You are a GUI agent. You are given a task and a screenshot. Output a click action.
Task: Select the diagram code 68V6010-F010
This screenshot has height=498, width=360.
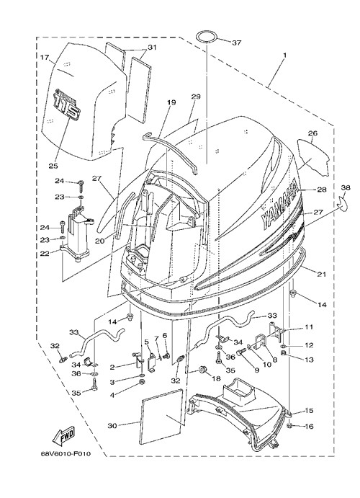click(x=66, y=454)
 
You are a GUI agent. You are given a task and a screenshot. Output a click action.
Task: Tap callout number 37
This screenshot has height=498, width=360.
click(x=236, y=43)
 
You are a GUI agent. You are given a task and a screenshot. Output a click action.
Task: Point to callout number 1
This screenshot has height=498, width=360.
click(x=284, y=55)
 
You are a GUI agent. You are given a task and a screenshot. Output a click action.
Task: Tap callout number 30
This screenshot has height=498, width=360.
click(x=112, y=426)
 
